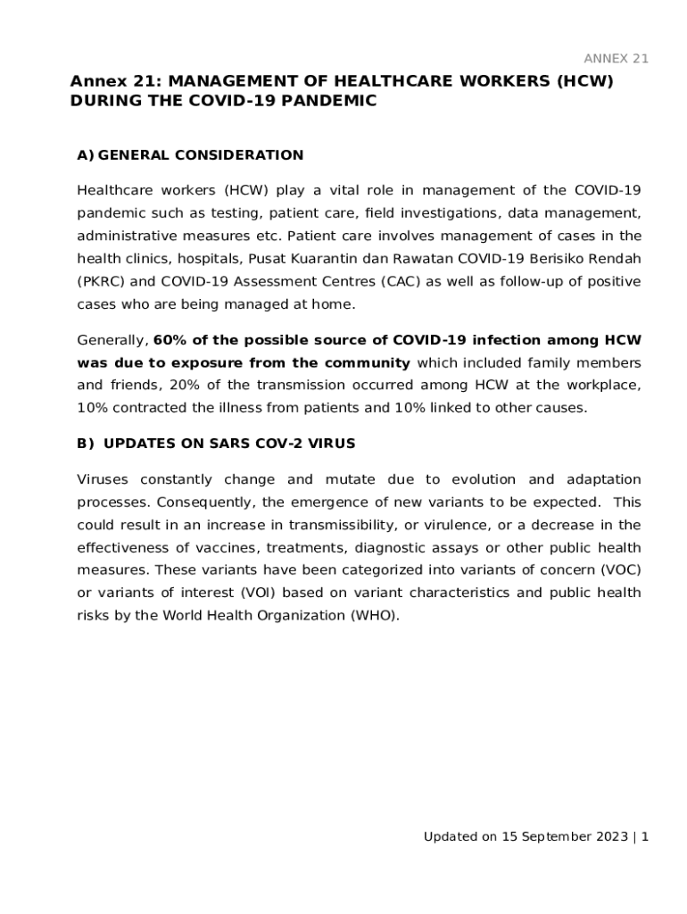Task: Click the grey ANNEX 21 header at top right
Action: [x=616, y=59]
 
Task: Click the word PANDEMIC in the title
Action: [x=329, y=102]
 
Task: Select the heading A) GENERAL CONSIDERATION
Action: [x=190, y=155]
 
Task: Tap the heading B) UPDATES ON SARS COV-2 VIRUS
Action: [x=216, y=445]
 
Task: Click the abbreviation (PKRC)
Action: [x=97, y=282]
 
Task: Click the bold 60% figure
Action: [x=170, y=340]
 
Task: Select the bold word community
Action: [x=367, y=362]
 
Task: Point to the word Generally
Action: [x=112, y=340]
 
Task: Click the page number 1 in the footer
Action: [x=644, y=837]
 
